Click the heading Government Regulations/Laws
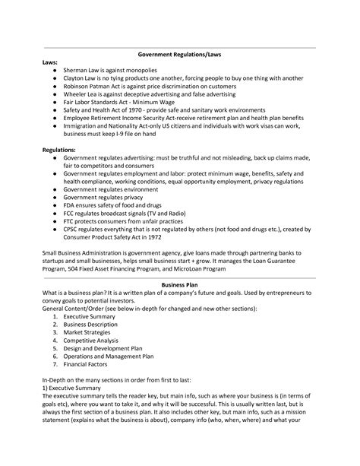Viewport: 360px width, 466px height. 180,54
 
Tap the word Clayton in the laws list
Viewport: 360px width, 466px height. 75,79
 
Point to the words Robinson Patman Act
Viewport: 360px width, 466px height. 95,87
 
